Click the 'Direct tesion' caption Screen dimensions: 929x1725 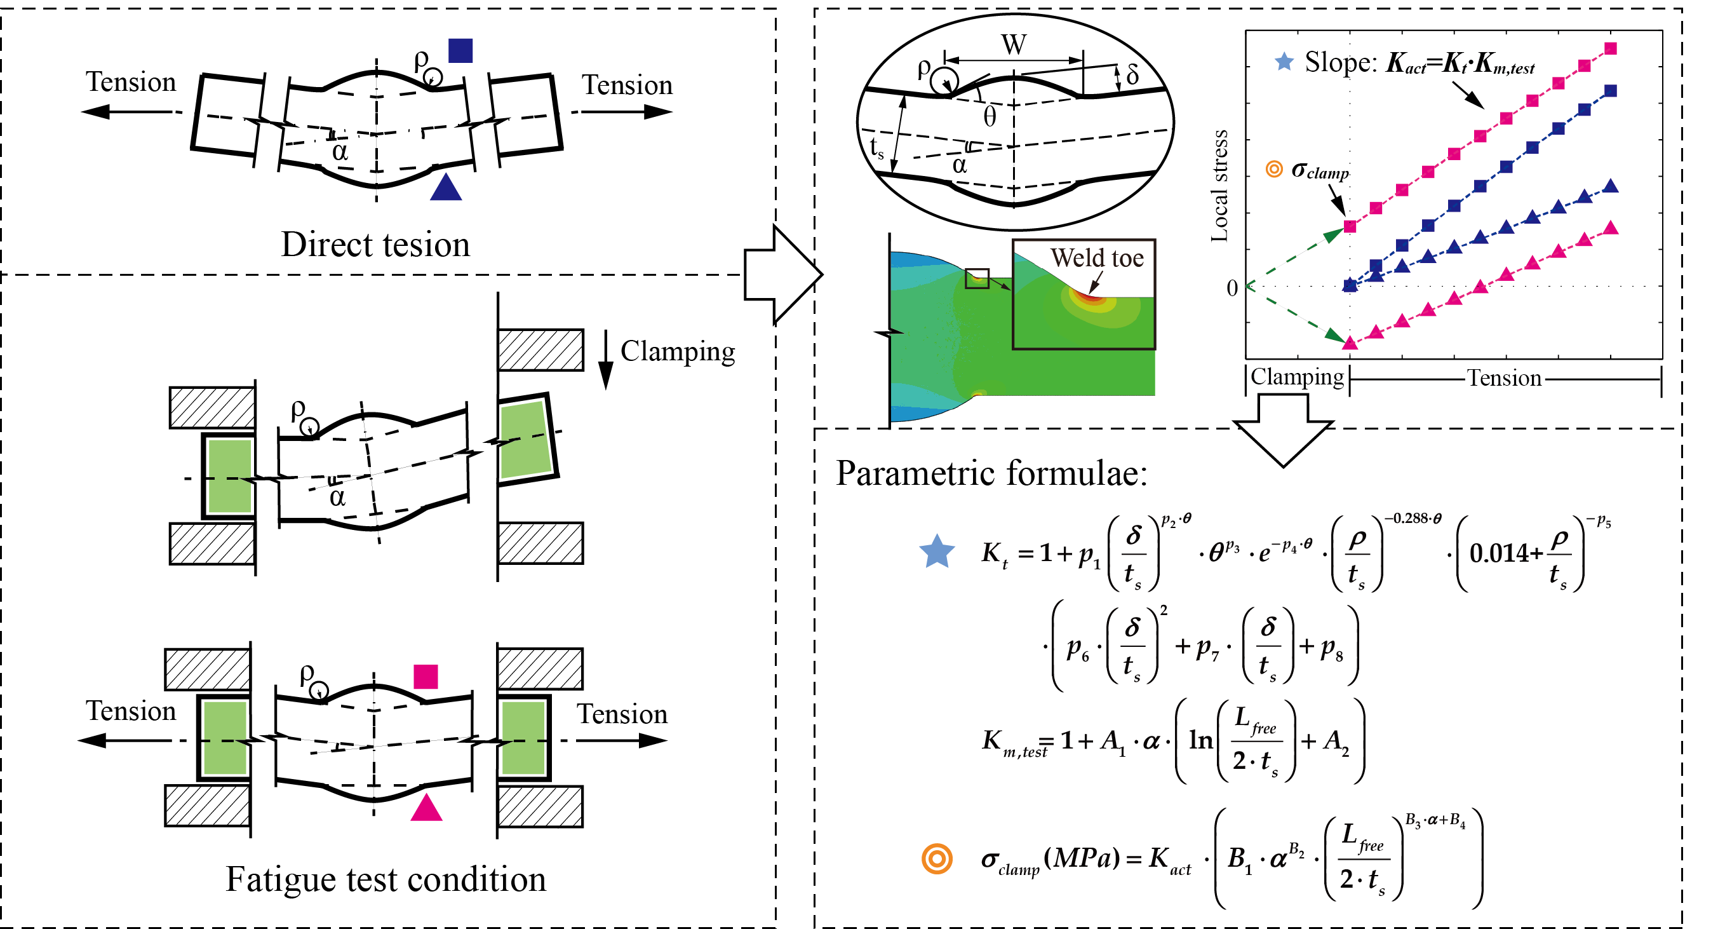pos(375,245)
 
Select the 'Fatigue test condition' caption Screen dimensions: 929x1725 pos(386,879)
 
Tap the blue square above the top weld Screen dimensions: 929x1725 pos(460,51)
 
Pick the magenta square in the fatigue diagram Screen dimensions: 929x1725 pos(426,677)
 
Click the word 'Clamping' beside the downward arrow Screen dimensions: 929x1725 pos(677,351)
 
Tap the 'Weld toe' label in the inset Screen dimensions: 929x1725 pos(1096,258)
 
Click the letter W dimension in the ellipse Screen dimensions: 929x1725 pos(1013,45)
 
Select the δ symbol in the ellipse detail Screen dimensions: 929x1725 pos(1132,74)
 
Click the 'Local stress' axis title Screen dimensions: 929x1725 pos(1219,186)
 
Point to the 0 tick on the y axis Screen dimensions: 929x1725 pos(1231,288)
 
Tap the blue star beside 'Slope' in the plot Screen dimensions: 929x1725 pos(1283,62)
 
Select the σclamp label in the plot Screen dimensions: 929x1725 pos(1319,171)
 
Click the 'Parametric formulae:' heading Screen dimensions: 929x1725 pos(991,473)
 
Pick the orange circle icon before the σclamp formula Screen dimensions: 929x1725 pos(936,858)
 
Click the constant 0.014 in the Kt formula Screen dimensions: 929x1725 pos(1504,553)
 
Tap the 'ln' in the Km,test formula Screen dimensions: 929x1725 pos(1200,740)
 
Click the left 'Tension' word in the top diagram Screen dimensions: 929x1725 pos(131,82)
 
